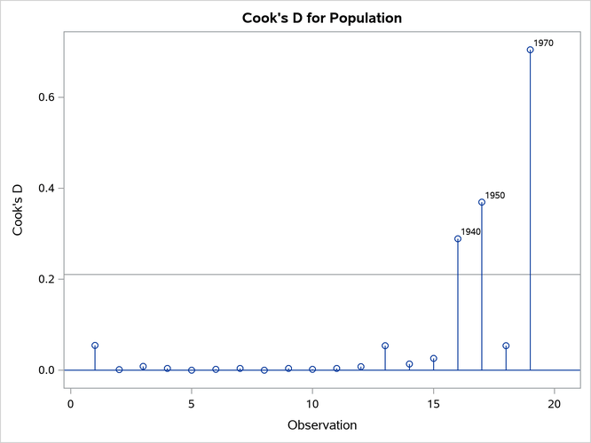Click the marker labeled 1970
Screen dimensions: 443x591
pos(530,50)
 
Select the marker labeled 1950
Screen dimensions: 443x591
pos(482,202)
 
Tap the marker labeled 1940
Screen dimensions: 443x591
pos(458,238)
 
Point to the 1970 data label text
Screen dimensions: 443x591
pos(543,43)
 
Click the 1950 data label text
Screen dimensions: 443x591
pos(495,195)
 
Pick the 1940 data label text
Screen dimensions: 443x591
pos(471,231)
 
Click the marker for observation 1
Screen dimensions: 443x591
pos(95,345)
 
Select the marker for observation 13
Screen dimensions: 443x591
pos(385,346)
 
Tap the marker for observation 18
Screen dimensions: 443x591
pos(506,346)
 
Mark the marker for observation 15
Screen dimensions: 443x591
pos(433,359)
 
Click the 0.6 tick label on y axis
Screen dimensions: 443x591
pos(47,97)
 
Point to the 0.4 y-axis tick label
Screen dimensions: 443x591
pos(47,188)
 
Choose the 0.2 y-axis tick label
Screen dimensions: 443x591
pos(47,279)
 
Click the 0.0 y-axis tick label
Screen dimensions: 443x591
pos(47,370)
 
